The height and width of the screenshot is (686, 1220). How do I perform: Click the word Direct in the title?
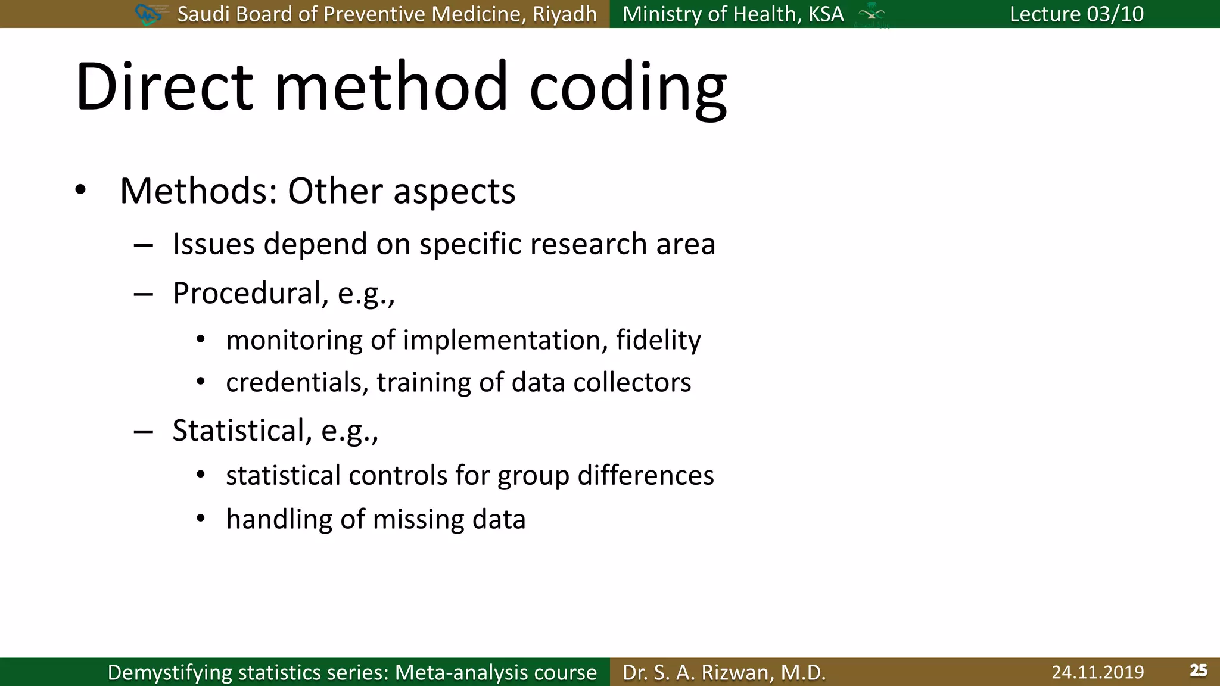coord(164,86)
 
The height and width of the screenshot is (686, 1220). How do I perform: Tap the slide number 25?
coord(1198,671)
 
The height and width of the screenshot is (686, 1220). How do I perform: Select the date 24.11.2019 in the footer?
coord(1097,672)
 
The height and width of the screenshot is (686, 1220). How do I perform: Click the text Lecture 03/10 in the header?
coord(1076,14)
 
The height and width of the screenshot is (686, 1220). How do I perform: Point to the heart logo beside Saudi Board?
coord(148,14)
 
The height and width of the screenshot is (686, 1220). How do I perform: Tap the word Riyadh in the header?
coord(564,14)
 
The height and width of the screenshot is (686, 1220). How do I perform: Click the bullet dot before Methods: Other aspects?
coord(80,191)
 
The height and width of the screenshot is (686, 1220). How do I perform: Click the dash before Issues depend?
coord(144,245)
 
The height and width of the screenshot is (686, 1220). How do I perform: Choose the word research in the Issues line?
coord(587,244)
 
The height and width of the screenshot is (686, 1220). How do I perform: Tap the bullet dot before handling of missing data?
coord(201,519)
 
